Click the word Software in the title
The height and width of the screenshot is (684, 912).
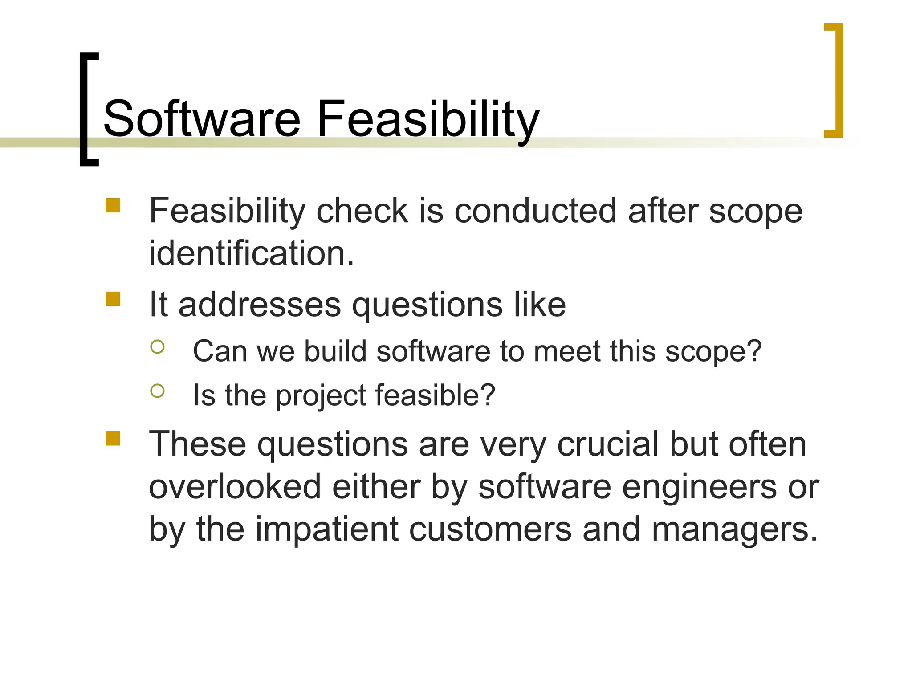(202, 119)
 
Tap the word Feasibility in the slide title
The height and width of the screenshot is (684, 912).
(427, 119)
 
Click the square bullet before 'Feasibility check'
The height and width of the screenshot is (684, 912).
(113, 205)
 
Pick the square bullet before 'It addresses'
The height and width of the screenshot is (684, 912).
(113, 299)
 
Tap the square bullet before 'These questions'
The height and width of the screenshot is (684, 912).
(113, 438)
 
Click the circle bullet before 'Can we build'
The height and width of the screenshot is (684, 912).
(157, 346)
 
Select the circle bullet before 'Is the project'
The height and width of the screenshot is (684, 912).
(157, 391)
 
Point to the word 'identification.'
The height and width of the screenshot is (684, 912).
(252, 253)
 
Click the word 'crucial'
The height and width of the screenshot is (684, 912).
(607, 444)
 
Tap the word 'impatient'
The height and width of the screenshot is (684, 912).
(326, 529)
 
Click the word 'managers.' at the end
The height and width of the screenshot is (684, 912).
(734, 529)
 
